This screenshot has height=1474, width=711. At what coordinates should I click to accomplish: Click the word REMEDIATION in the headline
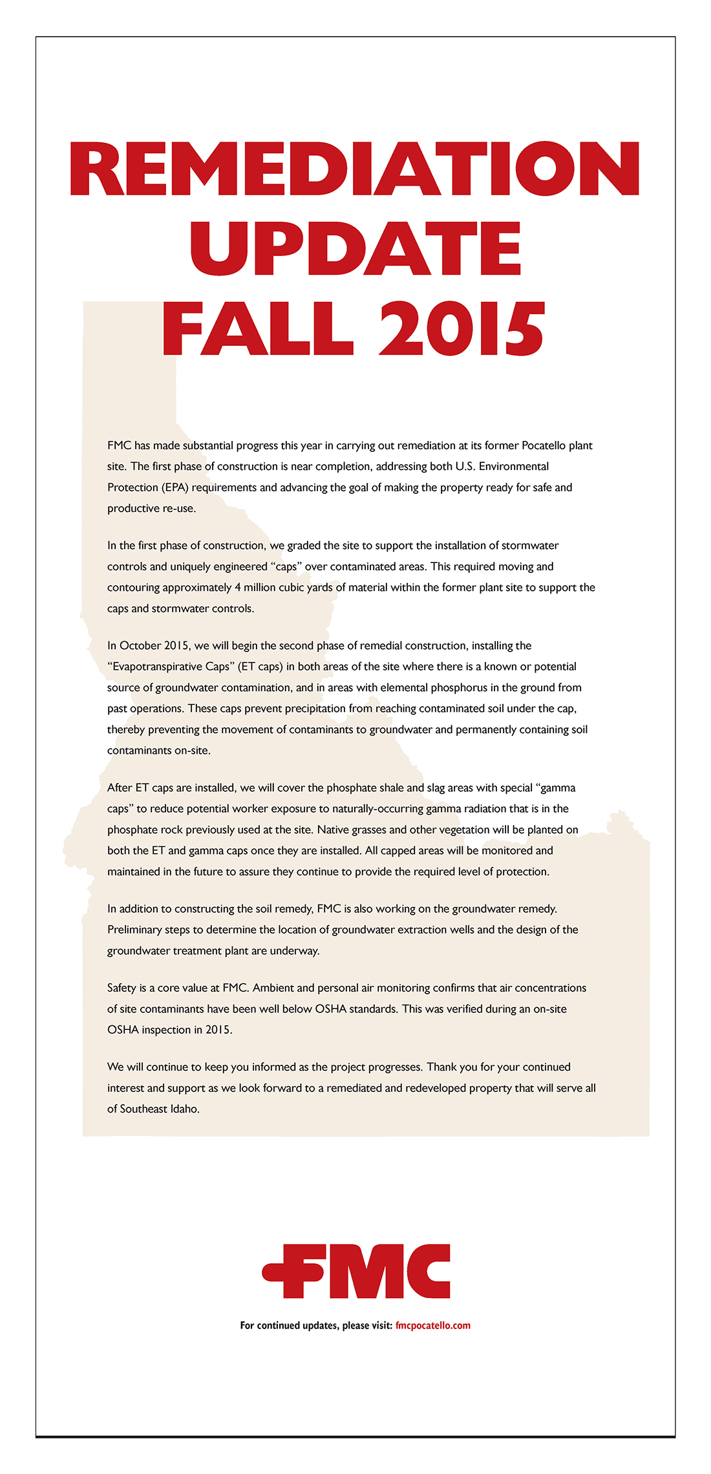click(x=354, y=169)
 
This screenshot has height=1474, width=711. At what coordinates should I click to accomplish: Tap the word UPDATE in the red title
click(x=355, y=249)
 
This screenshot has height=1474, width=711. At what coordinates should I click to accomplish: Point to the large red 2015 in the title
click(x=462, y=329)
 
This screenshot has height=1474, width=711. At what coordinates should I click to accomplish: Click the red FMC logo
click(x=356, y=1271)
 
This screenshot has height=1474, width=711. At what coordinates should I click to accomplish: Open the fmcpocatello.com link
click(x=432, y=1325)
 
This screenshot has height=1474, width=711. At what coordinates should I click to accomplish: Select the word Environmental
click(x=514, y=466)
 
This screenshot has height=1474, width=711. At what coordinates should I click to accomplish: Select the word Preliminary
click(x=137, y=930)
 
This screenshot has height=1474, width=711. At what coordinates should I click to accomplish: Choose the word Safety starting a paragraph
click(x=122, y=988)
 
